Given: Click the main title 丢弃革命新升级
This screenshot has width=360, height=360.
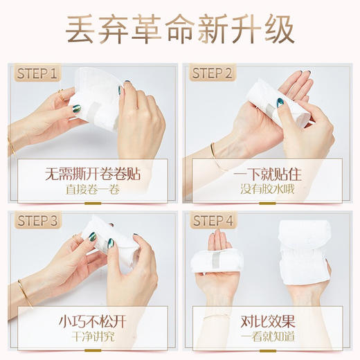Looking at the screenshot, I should point(180,30).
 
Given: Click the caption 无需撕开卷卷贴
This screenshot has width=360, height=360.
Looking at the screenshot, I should point(91,173).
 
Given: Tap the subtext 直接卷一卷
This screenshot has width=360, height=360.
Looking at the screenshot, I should point(91,189).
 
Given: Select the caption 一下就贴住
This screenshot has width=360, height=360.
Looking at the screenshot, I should point(267,173).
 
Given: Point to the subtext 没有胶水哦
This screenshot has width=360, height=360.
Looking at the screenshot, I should point(267,189).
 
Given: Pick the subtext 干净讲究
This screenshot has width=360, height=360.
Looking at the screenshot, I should point(91,336).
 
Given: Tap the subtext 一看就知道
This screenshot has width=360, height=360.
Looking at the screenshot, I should point(267,336).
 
